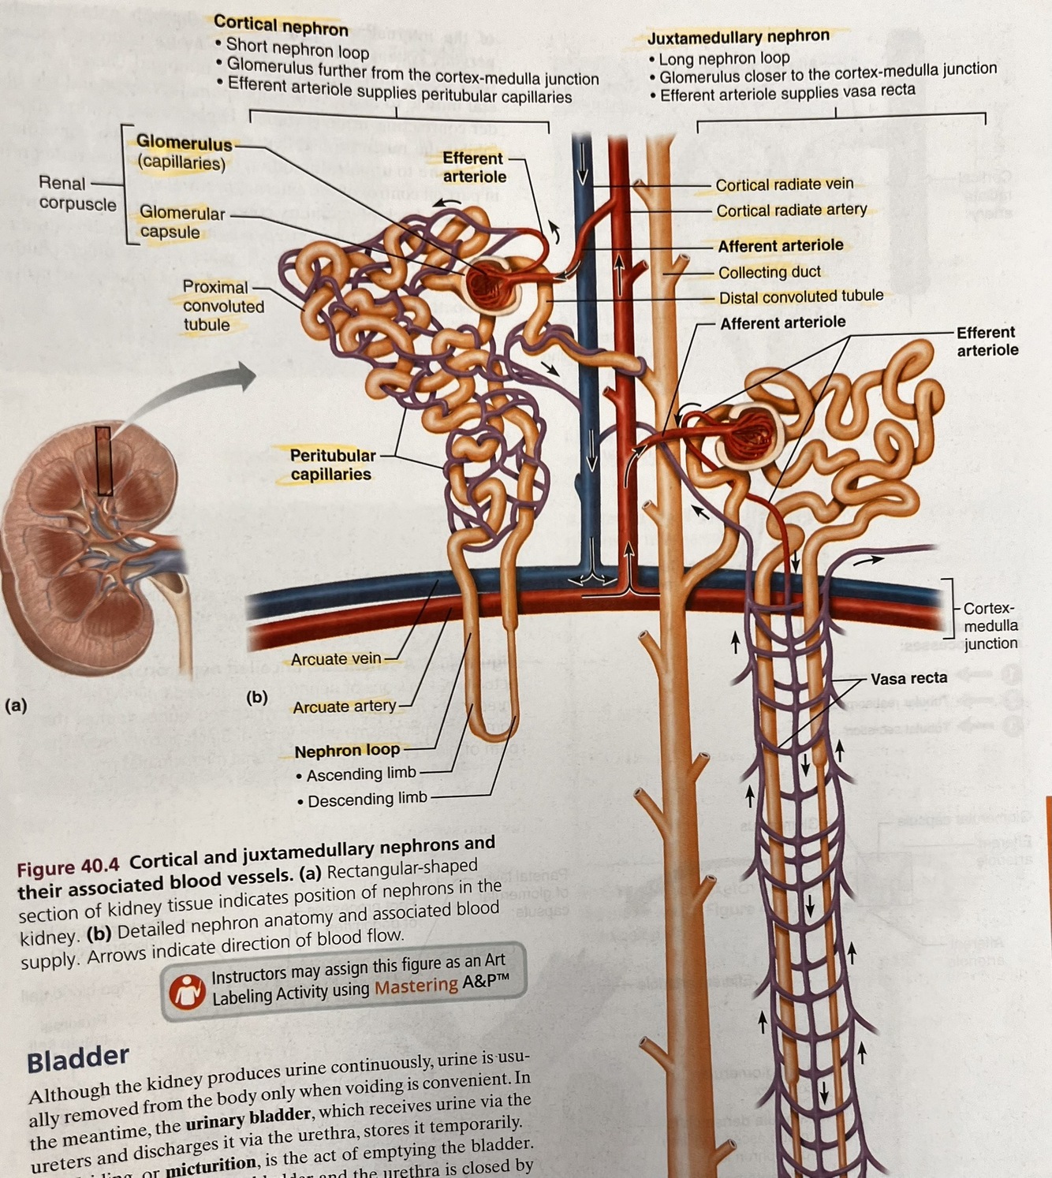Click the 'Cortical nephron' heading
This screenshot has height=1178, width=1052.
tap(281, 26)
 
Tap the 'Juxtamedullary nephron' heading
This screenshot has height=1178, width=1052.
tap(738, 36)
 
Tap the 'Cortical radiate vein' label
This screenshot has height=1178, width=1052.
tap(784, 185)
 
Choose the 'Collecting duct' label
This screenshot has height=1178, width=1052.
tap(769, 272)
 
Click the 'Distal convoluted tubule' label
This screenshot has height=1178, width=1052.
tap(800, 297)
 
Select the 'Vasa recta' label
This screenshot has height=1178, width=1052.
tap(908, 678)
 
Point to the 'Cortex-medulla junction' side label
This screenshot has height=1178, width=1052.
tap(990, 625)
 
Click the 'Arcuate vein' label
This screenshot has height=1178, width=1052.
tap(336, 658)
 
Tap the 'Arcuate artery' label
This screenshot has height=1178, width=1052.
tap(344, 706)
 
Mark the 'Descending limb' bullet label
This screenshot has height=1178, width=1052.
tap(367, 800)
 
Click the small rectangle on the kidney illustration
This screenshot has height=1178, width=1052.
tap(103, 460)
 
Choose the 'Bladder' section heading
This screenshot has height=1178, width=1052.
tap(77, 1059)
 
